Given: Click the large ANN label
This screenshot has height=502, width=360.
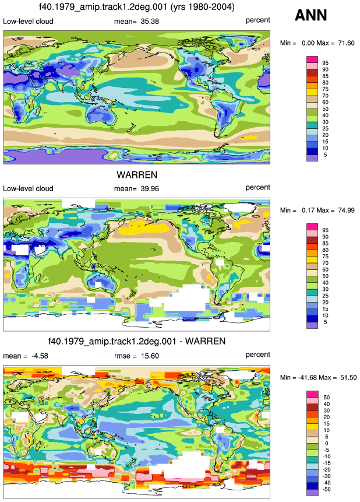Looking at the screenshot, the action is [x=310, y=15].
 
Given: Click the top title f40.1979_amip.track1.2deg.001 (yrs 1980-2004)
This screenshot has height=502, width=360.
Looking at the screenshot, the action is [x=137, y=7].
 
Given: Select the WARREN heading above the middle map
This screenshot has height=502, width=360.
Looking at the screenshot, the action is [x=137, y=175].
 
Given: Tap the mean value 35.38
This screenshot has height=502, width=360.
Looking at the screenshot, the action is [x=150, y=22].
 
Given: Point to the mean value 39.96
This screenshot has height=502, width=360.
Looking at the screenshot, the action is [x=150, y=189].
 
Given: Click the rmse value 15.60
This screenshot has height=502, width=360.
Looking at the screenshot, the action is [x=150, y=356].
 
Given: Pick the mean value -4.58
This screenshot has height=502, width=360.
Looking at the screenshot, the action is [x=40, y=356].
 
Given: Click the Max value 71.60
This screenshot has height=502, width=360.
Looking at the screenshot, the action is [x=346, y=43].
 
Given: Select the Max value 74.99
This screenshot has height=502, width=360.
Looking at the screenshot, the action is [x=346, y=210].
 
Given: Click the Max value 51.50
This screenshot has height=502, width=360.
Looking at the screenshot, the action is [x=348, y=377].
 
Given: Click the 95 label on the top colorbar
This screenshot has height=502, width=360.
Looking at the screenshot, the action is [x=326, y=63].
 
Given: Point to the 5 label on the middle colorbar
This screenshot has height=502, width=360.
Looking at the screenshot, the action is [x=326, y=322].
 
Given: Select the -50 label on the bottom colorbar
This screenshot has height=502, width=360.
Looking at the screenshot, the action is [x=326, y=489].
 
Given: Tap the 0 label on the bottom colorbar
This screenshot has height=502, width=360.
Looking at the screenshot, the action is [x=326, y=444].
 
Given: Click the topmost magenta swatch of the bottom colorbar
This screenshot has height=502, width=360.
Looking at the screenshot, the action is [x=312, y=394].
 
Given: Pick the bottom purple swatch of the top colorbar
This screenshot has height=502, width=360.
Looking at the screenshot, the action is [x=312, y=158].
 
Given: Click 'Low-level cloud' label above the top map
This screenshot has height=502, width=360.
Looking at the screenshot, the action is [x=28, y=22].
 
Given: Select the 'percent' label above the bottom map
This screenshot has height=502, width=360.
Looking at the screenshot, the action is [x=258, y=354].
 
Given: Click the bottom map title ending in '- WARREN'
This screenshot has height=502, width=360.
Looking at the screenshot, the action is [x=137, y=341].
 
